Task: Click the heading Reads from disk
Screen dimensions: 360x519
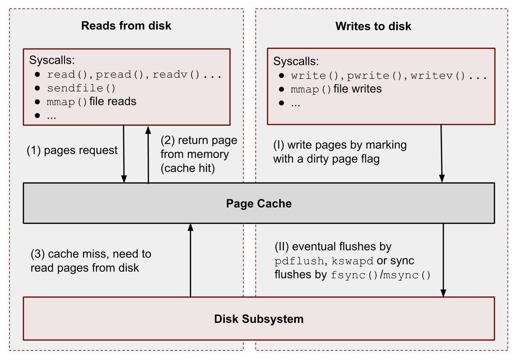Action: [x=126, y=26]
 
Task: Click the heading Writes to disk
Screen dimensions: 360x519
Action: [x=373, y=26]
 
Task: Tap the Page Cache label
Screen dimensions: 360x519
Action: [x=259, y=203]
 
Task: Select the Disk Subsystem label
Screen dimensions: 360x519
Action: [x=259, y=319]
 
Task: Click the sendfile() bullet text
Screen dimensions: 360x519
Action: [x=81, y=88]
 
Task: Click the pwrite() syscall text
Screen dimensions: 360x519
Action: [x=374, y=76]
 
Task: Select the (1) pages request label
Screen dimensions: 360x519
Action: [x=72, y=150]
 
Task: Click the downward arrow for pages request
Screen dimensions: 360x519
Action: [x=124, y=154]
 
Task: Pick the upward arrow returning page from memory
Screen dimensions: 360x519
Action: [x=148, y=154]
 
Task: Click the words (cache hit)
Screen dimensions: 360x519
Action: [x=188, y=169]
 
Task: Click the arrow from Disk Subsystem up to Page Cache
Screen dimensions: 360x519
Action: [x=190, y=260]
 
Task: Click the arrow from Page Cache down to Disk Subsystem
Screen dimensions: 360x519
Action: [x=443, y=260]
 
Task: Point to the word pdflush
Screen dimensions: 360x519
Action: [x=299, y=262]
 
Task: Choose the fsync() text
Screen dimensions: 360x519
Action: [x=354, y=275]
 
